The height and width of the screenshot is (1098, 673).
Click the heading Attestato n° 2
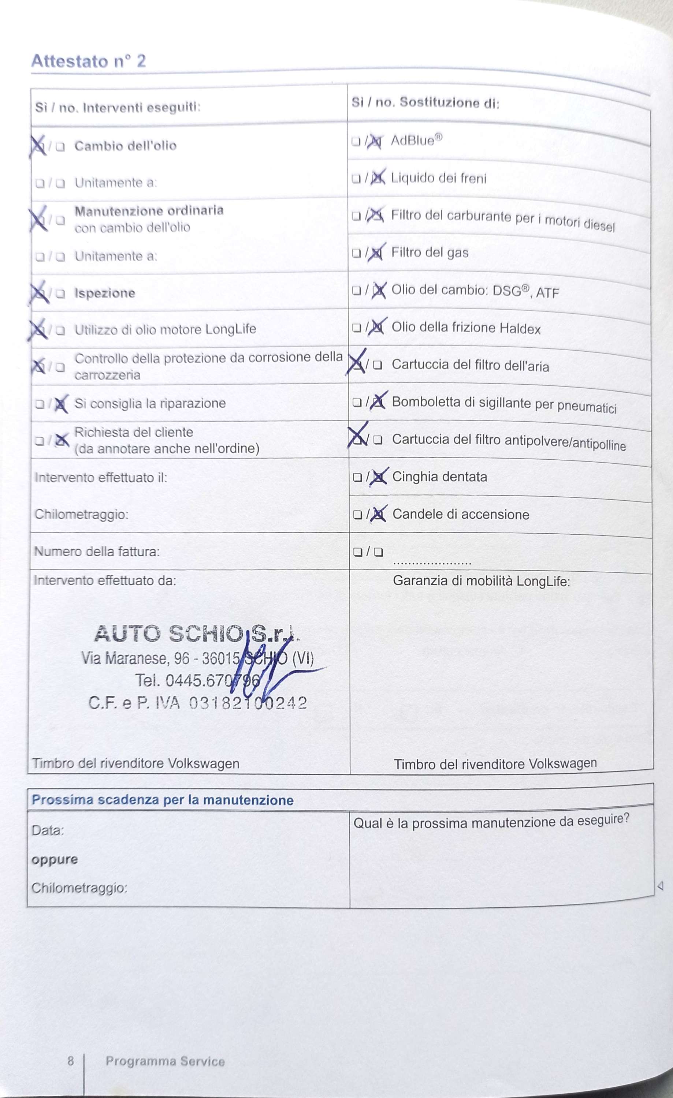pos(88,61)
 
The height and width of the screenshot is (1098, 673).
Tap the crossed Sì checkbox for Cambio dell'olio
pos(39,146)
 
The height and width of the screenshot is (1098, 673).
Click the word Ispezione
pos(105,293)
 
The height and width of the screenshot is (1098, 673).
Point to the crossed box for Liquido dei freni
pos(377,178)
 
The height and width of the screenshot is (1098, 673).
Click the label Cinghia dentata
pos(439,477)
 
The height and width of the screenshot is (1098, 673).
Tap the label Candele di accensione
pos(460,514)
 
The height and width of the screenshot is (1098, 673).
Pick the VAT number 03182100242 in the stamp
pos(248,703)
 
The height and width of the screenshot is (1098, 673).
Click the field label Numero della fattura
pos(97,552)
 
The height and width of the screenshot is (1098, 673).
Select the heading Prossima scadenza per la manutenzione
pos(162,800)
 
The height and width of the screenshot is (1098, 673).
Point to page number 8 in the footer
pos(70,1061)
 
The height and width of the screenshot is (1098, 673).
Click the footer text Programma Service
pos(165,1061)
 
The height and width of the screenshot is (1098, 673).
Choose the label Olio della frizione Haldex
pos(466,328)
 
